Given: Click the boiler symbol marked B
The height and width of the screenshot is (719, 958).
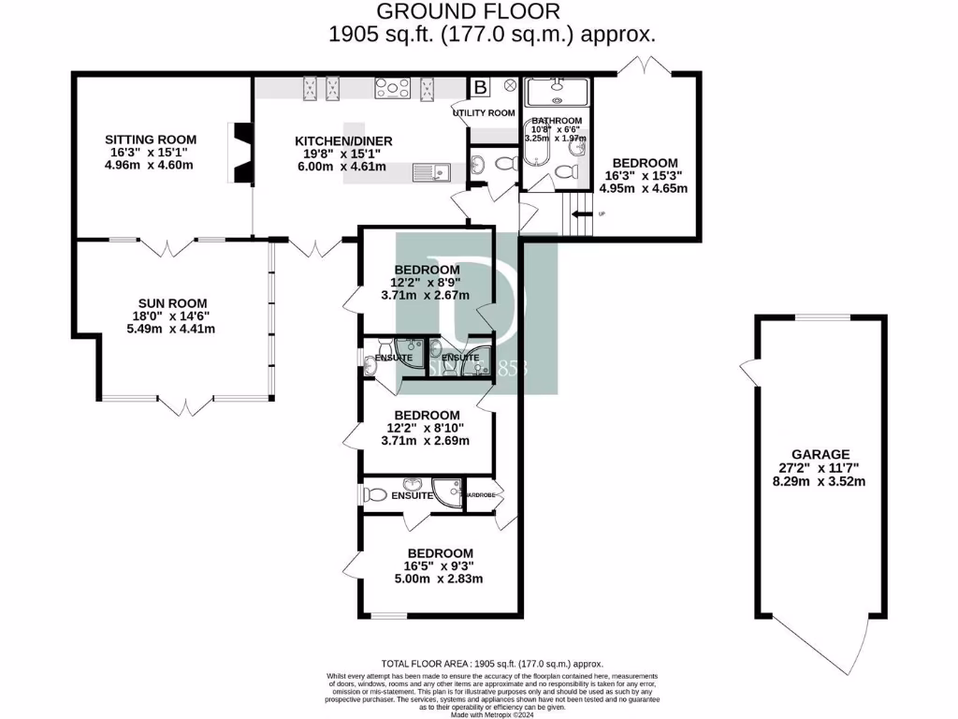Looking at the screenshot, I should point(482,88).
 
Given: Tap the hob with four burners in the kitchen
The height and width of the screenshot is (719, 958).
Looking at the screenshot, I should point(392,89).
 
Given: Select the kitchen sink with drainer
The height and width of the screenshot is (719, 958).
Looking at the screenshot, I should point(434,170).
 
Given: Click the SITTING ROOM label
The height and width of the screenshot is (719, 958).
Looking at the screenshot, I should point(151,139).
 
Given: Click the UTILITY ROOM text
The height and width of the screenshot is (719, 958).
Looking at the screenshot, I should point(484,113).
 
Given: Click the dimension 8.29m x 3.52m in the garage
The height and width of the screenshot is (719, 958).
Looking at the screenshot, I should point(817,481).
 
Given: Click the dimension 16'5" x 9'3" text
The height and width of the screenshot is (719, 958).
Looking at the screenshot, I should point(432,565).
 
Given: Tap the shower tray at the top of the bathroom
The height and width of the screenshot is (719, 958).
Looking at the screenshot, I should point(558,93).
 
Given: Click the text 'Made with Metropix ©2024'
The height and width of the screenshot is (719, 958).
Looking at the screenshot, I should point(492,714).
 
